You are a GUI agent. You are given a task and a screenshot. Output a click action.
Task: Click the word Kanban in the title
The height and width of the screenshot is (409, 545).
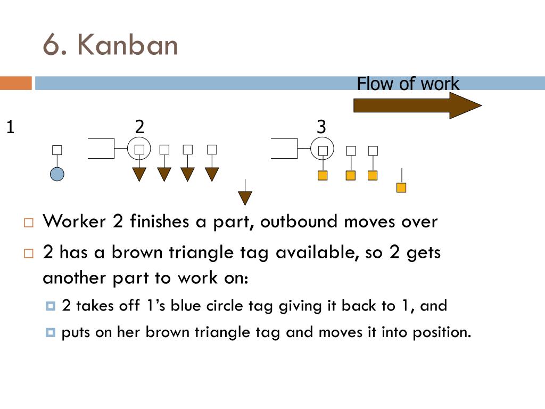pos(127,45)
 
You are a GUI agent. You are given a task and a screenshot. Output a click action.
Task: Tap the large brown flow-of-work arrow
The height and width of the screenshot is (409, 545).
pos(417,105)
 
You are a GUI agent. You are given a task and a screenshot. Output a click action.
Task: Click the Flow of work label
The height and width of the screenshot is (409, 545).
pos(408,84)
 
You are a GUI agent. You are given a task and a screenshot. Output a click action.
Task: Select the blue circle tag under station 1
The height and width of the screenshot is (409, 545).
pos(57,174)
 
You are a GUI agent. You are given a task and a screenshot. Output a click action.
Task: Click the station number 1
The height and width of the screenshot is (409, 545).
pos(11,127)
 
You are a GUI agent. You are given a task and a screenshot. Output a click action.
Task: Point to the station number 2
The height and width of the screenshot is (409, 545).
pos(139,127)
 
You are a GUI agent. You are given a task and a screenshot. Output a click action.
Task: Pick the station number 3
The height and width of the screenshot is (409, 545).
pos(321,127)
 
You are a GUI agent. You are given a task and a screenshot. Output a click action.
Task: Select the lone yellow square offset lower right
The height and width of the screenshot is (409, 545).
pos(401,187)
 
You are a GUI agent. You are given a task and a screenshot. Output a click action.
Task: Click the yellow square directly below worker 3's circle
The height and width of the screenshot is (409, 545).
pos(323,175)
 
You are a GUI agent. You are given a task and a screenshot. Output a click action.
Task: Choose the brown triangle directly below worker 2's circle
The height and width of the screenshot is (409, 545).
pos(139,174)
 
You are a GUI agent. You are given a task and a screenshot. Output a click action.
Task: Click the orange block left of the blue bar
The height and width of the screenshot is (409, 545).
pos(15,83)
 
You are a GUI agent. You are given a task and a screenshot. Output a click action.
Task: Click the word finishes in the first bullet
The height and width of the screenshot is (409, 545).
pos(159,221)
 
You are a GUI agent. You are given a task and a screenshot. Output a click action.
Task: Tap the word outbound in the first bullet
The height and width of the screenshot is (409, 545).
pos(299,222)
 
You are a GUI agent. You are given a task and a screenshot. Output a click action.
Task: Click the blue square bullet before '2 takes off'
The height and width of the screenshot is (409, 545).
pos(51,306)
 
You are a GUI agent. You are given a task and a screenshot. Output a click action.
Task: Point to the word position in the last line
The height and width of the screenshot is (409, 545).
pos(441,332)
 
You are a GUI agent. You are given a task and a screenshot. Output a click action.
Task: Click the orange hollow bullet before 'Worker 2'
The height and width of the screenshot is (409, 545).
pos(29,223)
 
